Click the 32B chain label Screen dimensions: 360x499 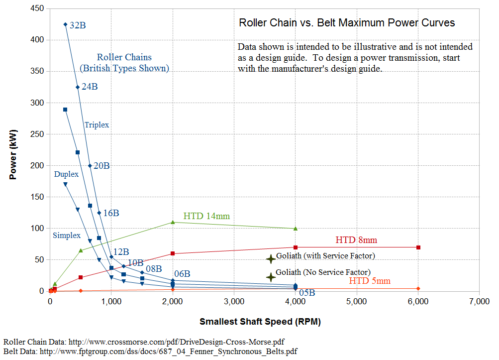coord(78,25)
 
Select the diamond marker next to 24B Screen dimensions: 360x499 coord(78,87)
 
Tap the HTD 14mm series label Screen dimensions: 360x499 coord(206,216)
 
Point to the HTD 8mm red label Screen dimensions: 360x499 coord(356,240)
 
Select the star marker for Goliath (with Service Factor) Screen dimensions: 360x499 coord(271,259)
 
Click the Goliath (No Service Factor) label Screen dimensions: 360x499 coord(323,272)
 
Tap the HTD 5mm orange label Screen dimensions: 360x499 coord(370,281)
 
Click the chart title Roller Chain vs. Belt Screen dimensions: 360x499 coord(347,23)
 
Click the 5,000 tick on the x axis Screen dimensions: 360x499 coord(357,302)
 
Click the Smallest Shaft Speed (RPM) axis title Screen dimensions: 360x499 coord(260,322)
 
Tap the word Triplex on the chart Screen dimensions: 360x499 coord(97,125)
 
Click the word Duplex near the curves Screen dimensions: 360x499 coord(67,174)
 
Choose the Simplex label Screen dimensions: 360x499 coord(67,235)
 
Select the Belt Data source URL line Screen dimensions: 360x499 coord(150,352)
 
